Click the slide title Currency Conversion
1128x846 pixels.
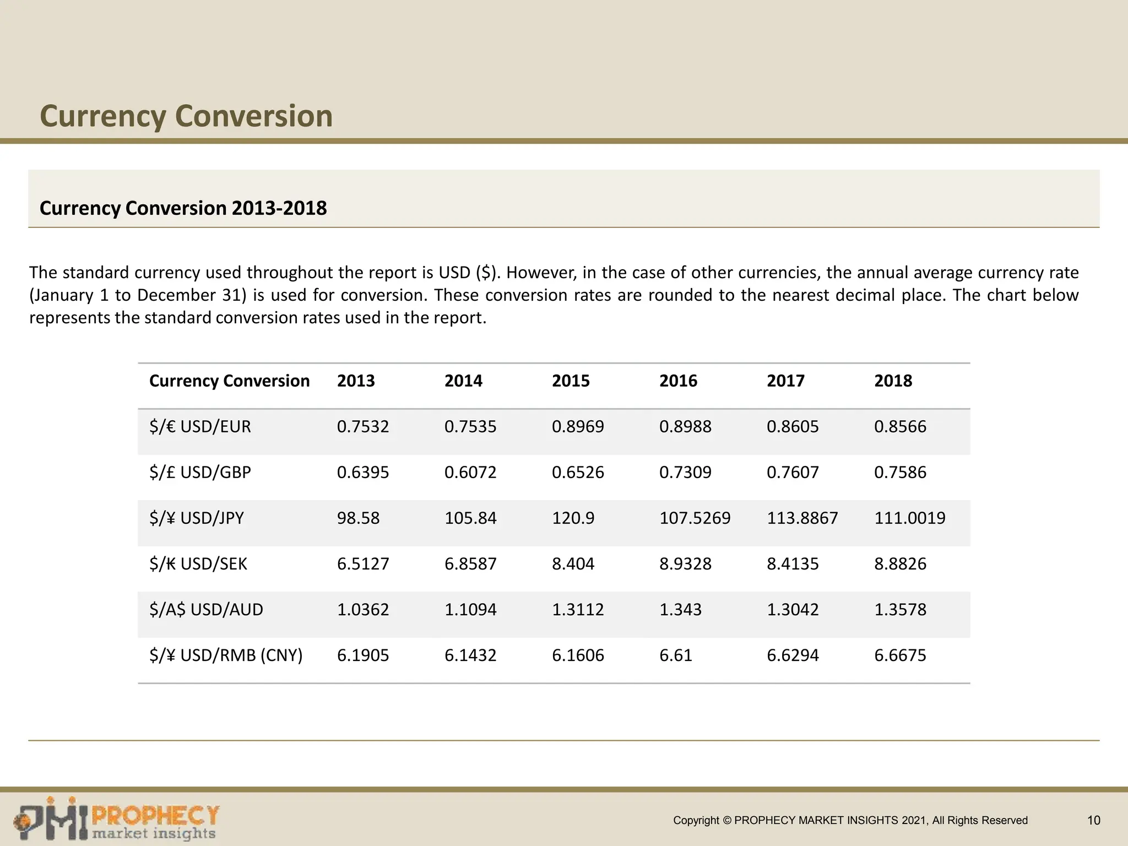186,116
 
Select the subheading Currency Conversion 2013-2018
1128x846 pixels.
183,208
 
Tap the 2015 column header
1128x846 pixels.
571,381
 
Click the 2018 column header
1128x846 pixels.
893,381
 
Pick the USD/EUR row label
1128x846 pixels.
200,426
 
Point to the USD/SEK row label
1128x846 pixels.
198,563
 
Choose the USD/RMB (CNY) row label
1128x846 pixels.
226,655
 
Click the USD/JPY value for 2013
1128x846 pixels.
358,518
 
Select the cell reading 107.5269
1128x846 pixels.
695,518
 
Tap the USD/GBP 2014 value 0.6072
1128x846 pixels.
470,472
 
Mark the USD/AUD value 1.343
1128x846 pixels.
680,609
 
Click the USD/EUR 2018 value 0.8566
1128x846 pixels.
900,426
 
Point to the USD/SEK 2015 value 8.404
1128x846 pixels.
573,563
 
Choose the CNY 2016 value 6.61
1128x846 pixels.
675,655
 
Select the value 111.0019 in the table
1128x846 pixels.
909,518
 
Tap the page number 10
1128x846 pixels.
1093,820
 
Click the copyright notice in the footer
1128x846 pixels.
850,820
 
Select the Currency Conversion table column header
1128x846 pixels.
229,381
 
